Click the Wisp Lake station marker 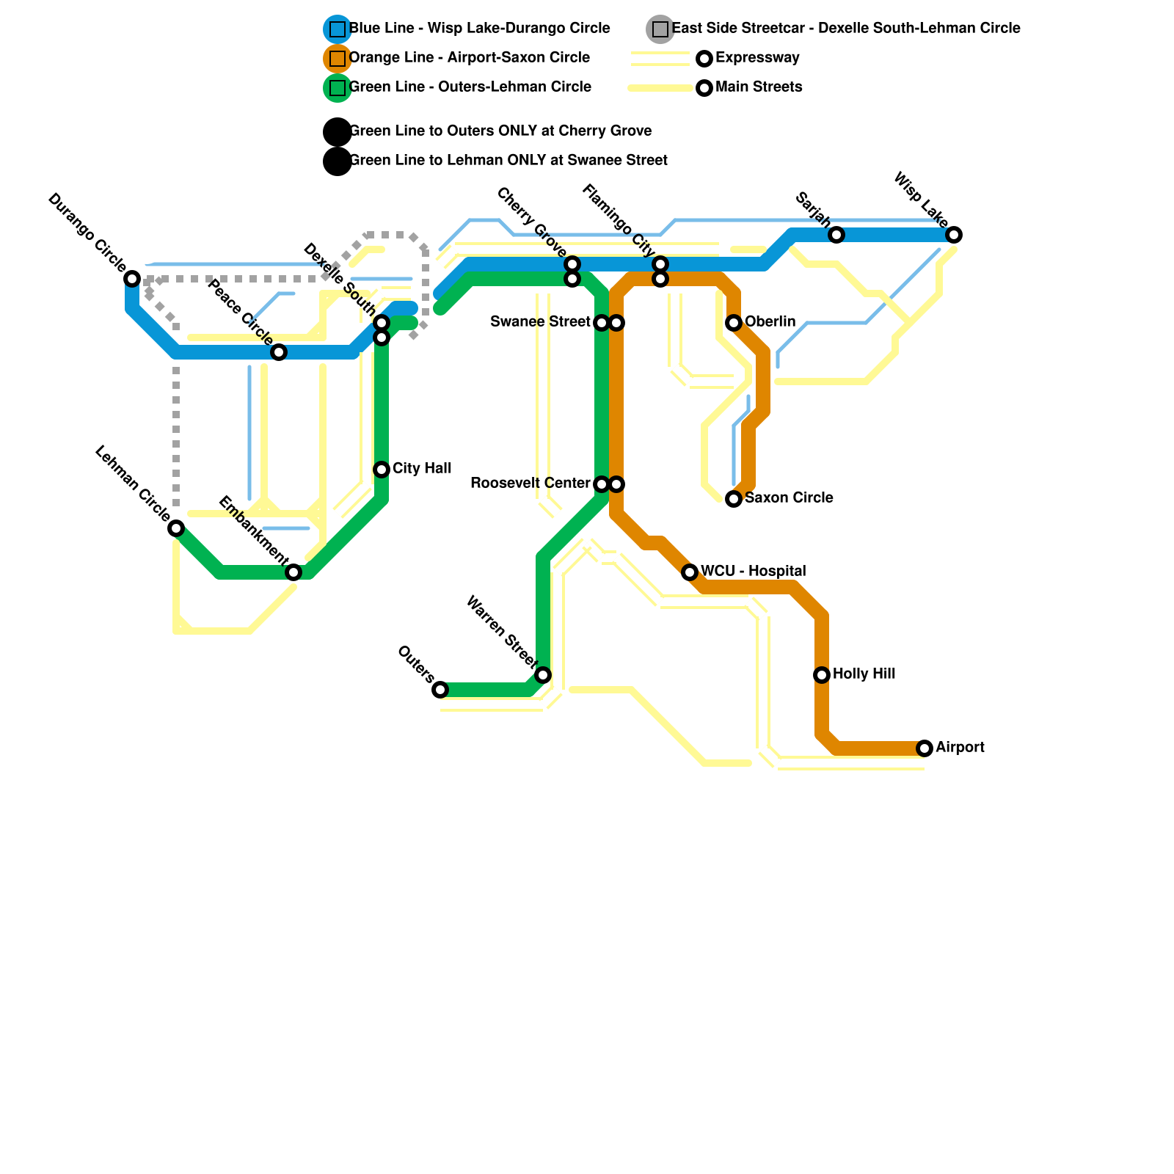click(x=954, y=235)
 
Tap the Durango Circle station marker click(x=132, y=279)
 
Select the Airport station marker click(x=925, y=748)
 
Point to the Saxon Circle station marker click(x=734, y=499)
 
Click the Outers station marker click(x=440, y=690)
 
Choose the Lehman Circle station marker click(x=176, y=528)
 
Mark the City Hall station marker click(x=382, y=470)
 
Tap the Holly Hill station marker click(x=822, y=675)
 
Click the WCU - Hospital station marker click(x=690, y=572)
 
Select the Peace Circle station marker click(x=279, y=352)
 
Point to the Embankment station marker click(x=293, y=572)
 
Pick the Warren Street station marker click(x=543, y=675)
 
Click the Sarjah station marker click(x=836, y=235)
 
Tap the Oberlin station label click(x=770, y=322)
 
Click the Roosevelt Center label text click(x=530, y=484)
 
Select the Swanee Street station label click(x=539, y=322)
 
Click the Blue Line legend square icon click(x=338, y=29)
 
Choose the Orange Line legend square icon click(x=338, y=58)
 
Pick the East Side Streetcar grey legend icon click(x=660, y=29)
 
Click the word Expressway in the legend click(x=757, y=58)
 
